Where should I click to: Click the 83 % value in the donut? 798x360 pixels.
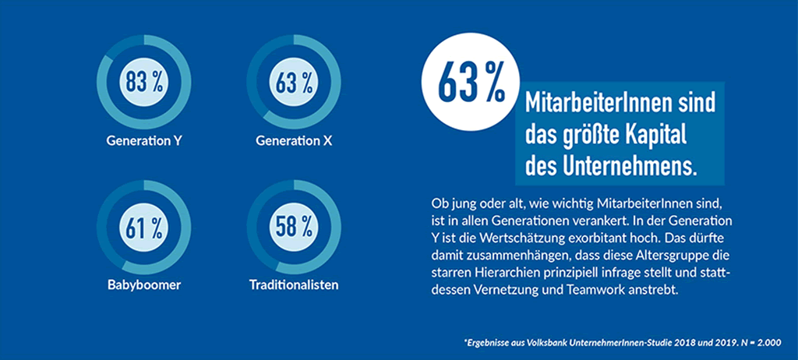pos(143,82)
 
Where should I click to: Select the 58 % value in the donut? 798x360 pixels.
pos(294,228)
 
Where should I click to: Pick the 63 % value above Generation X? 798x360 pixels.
pos(294,82)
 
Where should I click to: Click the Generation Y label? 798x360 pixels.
pos(144,142)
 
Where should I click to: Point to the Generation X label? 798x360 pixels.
pos(294,142)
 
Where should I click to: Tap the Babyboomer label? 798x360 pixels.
pos(144,284)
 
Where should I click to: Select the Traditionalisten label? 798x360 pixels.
pos(294,284)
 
